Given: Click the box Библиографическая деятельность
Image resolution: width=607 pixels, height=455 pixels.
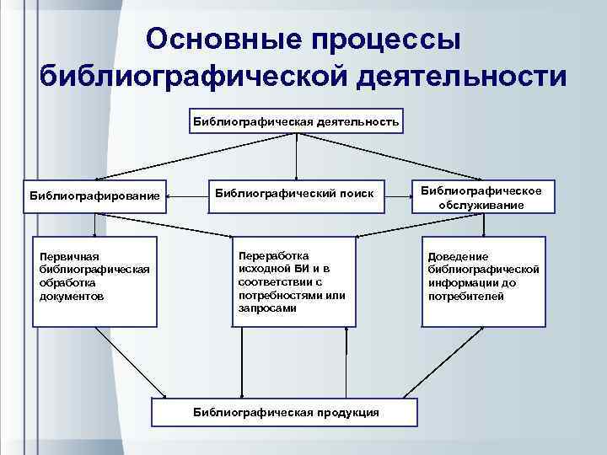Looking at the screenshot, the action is (296, 120).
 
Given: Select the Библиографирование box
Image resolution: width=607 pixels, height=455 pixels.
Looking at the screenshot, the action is (94, 196).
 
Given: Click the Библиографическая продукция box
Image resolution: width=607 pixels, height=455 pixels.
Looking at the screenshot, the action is (286, 411).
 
